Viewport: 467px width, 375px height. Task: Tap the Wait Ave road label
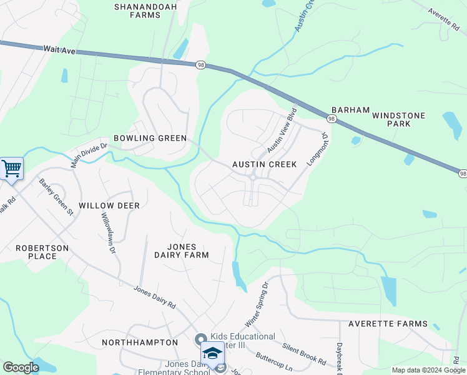point(59,49)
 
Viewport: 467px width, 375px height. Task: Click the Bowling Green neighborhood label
point(150,138)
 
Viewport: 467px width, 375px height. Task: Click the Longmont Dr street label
point(318,149)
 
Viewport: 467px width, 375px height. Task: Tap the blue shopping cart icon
point(11,168)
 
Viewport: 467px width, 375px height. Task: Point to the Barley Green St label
point(56,197)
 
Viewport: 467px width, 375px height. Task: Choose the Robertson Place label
point(42,252)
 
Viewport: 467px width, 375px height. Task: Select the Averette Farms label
point(388,324)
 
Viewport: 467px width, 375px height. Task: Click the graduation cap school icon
point(212,353)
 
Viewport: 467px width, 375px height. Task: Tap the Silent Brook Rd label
point(304,354)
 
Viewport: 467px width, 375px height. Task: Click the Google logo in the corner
point(21,367)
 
